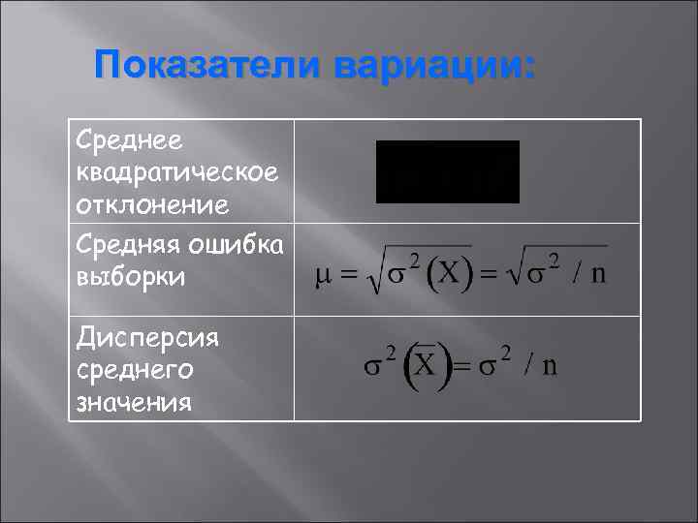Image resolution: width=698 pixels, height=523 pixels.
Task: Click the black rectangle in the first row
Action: tap(448, 171)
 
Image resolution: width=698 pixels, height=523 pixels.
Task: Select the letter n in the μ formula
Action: tap(599, 272)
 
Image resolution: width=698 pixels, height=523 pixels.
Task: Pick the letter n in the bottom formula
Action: tap(549, 366)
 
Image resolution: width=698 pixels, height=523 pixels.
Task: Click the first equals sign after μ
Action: tap(348, 274)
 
